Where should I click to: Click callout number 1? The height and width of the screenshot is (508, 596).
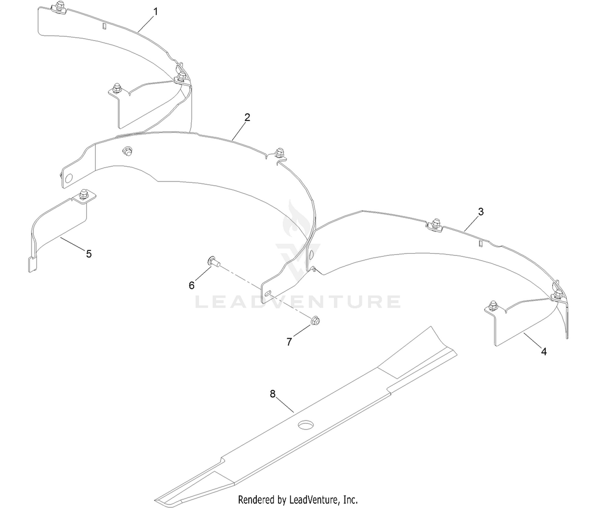[156, 12]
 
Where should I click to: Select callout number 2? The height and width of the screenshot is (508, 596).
[247, 117]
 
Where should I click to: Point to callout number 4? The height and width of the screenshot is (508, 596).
[544, 352]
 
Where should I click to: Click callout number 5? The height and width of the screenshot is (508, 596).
[89, 254]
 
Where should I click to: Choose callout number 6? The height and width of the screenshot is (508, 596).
[192, 286]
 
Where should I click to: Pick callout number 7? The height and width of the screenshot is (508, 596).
[289, 342]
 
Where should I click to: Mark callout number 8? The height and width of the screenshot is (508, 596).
[273, 394]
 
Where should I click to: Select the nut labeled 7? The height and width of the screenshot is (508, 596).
[316, 320]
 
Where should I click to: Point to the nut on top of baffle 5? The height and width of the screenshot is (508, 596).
[84, 194]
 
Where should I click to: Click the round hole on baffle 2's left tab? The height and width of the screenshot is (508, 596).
[68, 179]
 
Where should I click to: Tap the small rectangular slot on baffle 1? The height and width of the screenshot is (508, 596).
[104, 26]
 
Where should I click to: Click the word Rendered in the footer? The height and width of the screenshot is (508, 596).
[256, 499]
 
